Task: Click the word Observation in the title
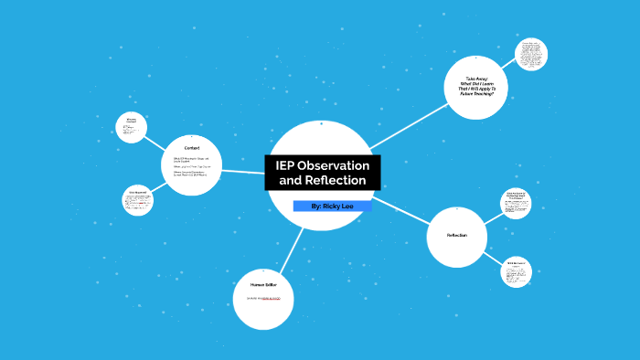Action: (334, 165)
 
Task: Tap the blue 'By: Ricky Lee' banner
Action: (332, 206)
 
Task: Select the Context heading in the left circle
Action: (191, 148)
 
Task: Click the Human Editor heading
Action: (263, 284)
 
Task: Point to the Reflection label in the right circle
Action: (456, 236)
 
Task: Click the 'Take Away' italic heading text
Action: (475, 79)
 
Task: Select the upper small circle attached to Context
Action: (132, 127)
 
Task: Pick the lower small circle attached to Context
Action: (137, 200)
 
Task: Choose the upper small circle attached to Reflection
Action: (516, 205)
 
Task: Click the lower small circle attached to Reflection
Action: (515, 272)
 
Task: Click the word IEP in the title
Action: (288, 165)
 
